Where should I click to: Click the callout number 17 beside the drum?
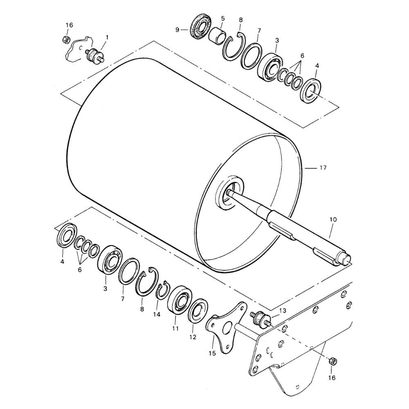pyautogui.click(x=323, y=168)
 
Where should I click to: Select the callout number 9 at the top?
pyautogui.click(x=178, y=30)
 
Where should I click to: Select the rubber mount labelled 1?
pyautogui.click(x=95, y=55)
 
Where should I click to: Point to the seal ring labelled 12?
pyautogui.click(x=198, y=312)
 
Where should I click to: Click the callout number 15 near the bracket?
pyautogui.click(x=212, y=353)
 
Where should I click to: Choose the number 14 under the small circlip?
pyautogui.click(x=157, y=315)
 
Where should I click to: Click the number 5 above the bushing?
pyautogui.click(x=223, y=18)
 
